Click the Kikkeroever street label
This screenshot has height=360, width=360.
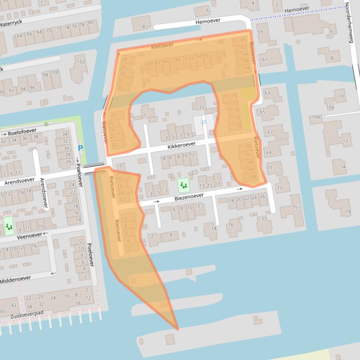pyautogui.click(x=180, y=147)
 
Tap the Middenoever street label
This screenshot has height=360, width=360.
pyautogui.click(x=15, y=280)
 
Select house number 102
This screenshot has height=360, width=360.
pyautogui.click(x=81, y=62)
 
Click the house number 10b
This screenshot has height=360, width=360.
pyautogui.click(x=317, y=117)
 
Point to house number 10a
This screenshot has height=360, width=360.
pyautogui.click(x=330, y=107)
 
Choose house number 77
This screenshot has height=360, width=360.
pyautogui.click(x=264, y=219)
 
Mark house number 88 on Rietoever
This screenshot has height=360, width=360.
pyautogui.click(x=253, y=176)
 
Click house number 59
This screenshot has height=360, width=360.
pyautogui.click(x=260, y=32)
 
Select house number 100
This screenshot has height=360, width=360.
pyautogui.click(x=56, y=72)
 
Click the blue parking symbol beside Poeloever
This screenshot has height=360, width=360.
pyautogui.click(x=81, y=149)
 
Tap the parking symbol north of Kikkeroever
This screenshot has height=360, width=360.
pyautogui.click(x=203, y=123)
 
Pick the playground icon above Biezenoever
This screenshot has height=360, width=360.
pyautogui.click(x=184, y=186)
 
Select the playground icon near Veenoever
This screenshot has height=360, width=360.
pyautogui.click(x=9, y=226)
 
